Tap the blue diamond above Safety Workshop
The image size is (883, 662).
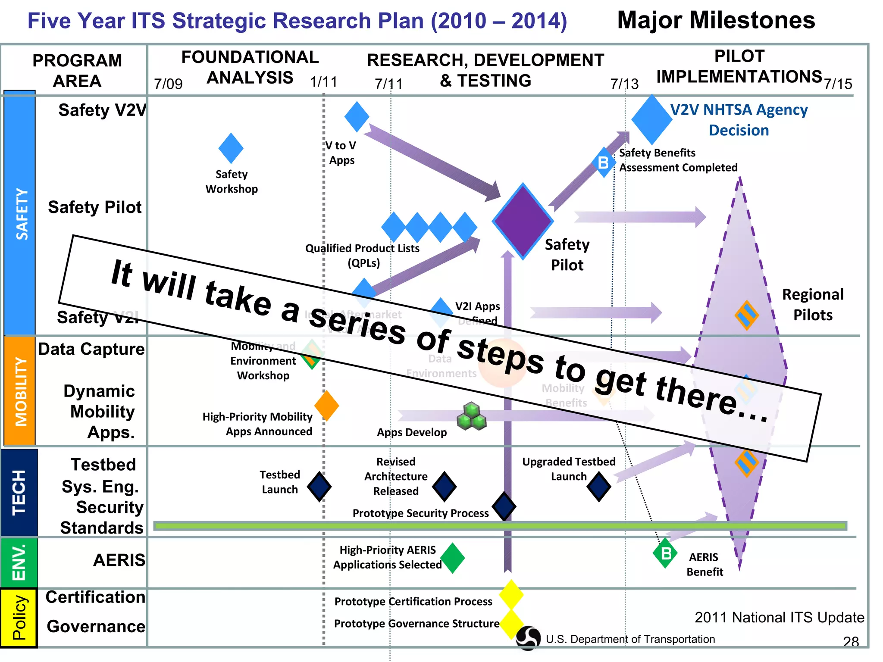(x=231, y=148)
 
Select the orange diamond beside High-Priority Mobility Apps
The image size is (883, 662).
(x=326, y=406)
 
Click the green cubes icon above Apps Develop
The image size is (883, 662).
(x=471, y=416)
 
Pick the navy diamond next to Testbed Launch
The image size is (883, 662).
(x=319, y=487)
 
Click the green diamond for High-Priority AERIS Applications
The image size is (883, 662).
(x=452, y=558)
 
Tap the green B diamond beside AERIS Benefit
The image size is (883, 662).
(x=665, y=553)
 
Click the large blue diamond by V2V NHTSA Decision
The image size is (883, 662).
(x=651, y=119)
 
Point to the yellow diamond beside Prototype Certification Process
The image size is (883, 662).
(x=511, y=595)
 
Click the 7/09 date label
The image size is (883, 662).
(x=168, y=84)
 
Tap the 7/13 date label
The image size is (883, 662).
(x=624, y=84)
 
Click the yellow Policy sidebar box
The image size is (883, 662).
(x=19, y=618)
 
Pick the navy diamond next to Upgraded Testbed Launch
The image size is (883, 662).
(x=599, y=487)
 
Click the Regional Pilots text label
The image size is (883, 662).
(x=813, y=304)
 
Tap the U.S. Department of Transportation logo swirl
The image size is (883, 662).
(x=528, y=638)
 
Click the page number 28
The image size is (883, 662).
(x=851, y=642)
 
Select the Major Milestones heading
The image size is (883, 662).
(x=716, y=20)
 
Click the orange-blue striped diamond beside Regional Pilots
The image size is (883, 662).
(x=747, y=315)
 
